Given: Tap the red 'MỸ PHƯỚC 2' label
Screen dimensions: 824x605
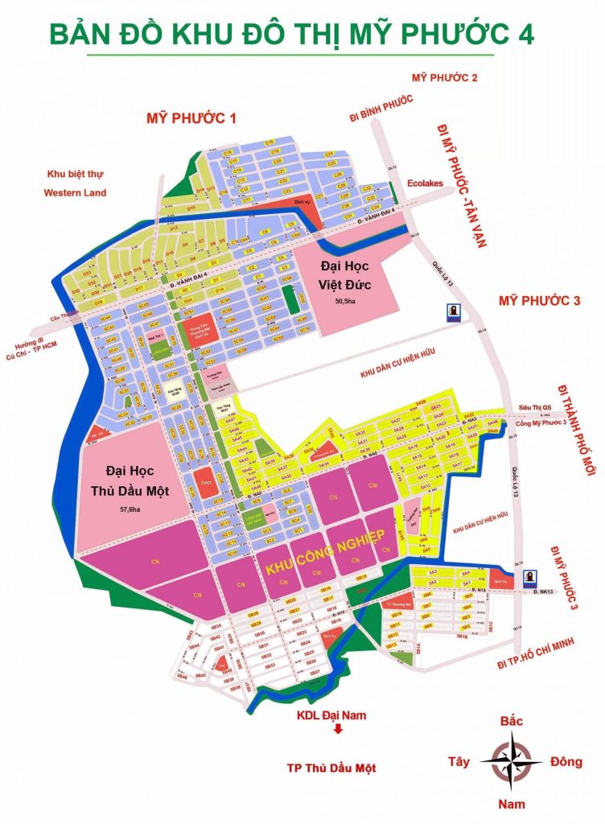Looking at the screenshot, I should click(445, 77).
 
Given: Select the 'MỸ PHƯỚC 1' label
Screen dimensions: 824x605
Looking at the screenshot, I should click(191, 118).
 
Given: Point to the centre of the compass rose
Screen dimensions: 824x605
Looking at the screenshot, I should click(510, 759).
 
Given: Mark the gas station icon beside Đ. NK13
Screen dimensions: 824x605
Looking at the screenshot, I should click(530, 576).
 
